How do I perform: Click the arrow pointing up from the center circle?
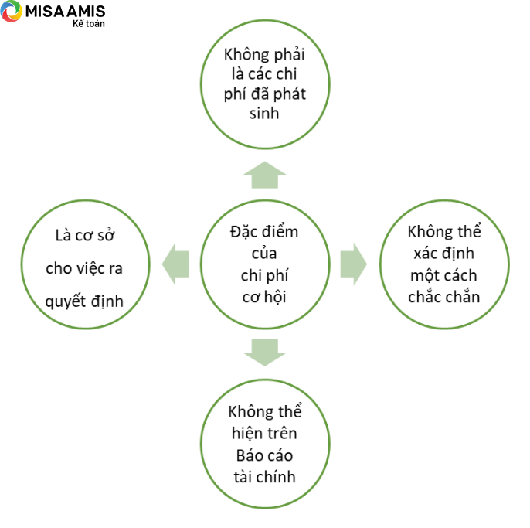(x=265, y=175)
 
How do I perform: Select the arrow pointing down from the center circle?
(x=265, y=352)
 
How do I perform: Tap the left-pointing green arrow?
(x=175, y=264)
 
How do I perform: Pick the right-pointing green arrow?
(x=354, y=264)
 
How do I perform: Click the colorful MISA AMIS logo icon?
(x=11, y=11)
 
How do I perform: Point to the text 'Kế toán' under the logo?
(x=89, y=24)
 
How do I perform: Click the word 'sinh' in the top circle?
(x=264, y=114)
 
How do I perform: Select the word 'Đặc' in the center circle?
(x=240, y=232)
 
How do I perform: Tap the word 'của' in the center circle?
(x=264, y=254)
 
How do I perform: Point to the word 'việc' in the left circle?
(x=90, y=268)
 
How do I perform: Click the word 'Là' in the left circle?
(x=63, y=236)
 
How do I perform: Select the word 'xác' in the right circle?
(x=425, y=254)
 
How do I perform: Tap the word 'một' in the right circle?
(x=426, y=276)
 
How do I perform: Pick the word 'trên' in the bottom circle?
(x=281, y=433)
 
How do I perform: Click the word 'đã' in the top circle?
(x=262, y=94)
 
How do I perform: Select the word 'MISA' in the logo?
(x=44, y=12)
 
